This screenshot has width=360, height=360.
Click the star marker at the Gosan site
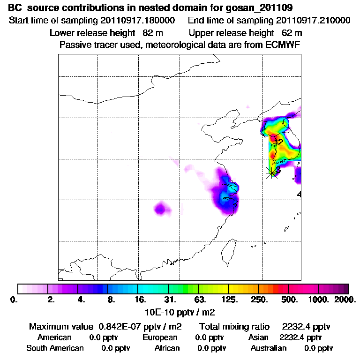272,172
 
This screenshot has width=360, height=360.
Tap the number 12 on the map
278,142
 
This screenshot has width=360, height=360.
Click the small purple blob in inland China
161,208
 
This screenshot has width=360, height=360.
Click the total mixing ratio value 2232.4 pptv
304,326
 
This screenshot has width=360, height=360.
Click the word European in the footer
160,337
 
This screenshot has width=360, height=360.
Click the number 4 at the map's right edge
299,194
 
